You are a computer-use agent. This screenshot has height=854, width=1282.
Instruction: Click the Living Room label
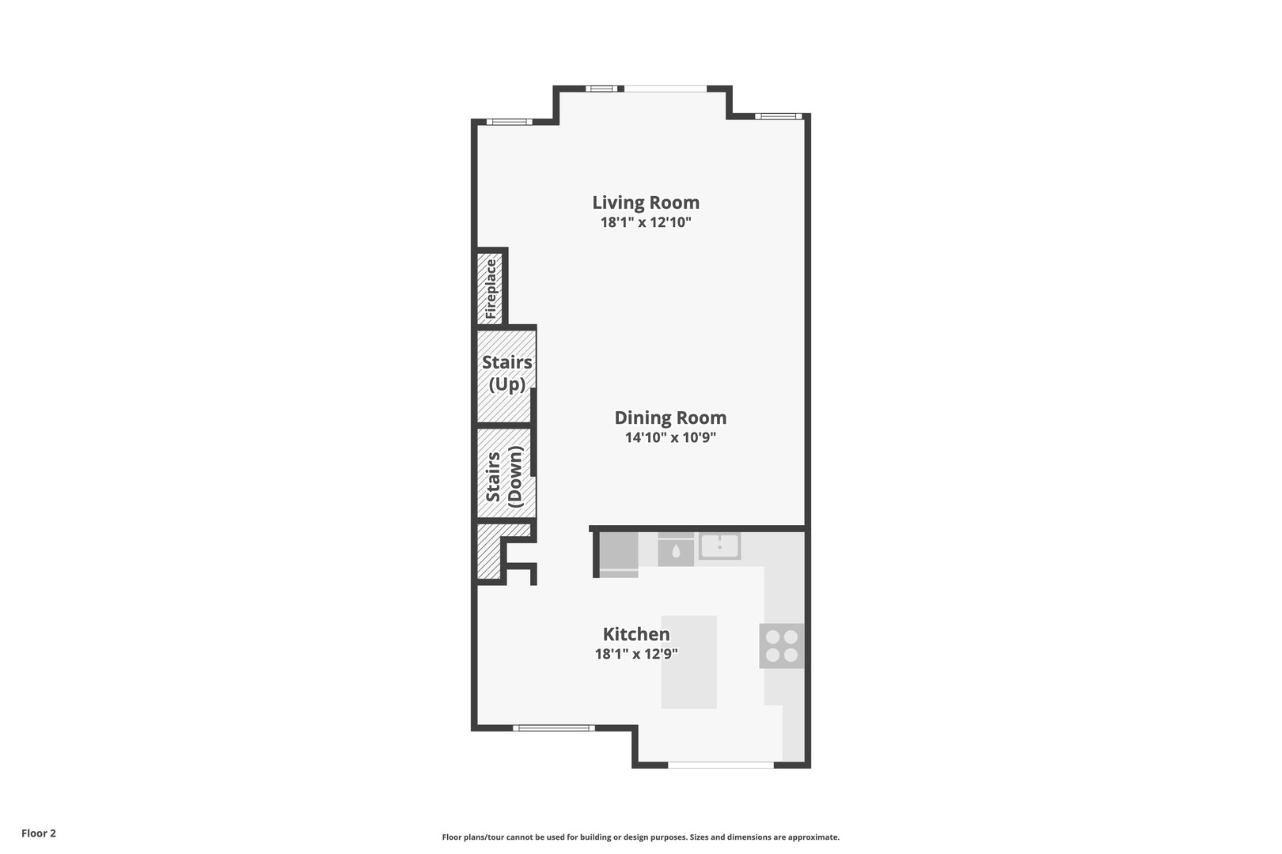[x=646, y=202]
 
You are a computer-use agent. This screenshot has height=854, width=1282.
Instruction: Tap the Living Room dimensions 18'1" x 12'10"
[x=646, y=223]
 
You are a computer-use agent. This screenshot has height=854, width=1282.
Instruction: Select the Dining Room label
[x=670, y=418]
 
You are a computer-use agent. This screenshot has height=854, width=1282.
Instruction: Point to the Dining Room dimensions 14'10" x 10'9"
[x=670, y=437]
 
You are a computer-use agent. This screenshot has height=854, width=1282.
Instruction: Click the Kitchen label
[x=636, y=634]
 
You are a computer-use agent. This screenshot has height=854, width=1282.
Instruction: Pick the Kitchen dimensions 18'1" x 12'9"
[x=636, y=654]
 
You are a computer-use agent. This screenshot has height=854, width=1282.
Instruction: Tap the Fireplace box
[x=491, y=288]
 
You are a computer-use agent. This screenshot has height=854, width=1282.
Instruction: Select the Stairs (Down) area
[x=504, y=475]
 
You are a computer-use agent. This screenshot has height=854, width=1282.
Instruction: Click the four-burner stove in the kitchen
[x=781, y=646]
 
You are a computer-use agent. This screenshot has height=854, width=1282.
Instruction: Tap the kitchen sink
[x=719, y=546]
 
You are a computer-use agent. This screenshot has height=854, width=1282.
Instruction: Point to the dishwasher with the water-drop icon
[x=676, y=550]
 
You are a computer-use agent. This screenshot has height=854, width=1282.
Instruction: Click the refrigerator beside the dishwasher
[x=618, y=554]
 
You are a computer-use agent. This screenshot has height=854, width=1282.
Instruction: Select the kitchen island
[x=688, y=662]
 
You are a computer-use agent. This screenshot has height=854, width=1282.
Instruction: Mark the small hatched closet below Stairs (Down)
[x=488, y=552]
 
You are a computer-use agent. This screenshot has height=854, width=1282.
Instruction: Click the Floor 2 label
[x=39, y=833]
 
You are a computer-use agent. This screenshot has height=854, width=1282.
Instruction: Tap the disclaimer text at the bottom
[x=640, y=837]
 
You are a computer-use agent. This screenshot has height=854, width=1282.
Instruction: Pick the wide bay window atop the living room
[x=664, y=88]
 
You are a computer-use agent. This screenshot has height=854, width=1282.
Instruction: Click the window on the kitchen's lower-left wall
[x=553, y=727]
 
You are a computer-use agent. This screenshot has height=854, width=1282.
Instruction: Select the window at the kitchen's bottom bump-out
[x=720, y=765]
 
